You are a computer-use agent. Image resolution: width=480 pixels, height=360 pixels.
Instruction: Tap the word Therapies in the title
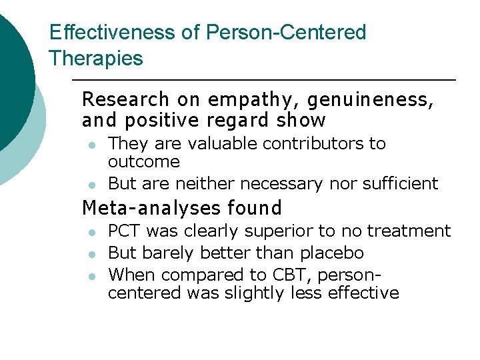tap(96, 59)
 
